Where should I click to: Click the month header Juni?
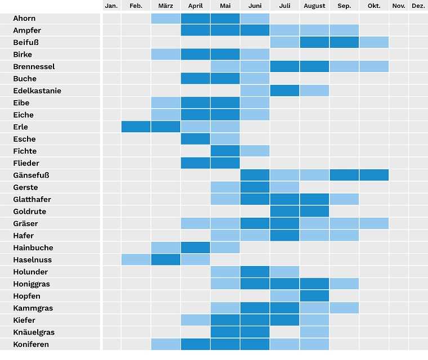[x=255, y=6]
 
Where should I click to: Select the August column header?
[x=314, y=6]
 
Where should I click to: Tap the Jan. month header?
[x=112, y=6]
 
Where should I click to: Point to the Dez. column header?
[x=418, y=6]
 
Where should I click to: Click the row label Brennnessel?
[x=34, y=66]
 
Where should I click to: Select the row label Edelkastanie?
[x=37, y=91]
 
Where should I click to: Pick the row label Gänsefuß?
[x=31, y=175]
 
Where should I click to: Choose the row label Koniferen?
[x=31, y=344]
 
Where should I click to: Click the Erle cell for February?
[x=136, y=127]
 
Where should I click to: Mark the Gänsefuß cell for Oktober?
[x=374, y=175]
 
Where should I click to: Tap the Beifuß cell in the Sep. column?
[x=344, y=42]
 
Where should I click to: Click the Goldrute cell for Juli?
[x=284, y=211]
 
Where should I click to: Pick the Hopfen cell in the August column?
[x=314, y=296]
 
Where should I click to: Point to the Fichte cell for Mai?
[x=225, y=151]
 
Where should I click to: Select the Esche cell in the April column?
[x=195, y=139]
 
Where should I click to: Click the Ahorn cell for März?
[x=166, y=19]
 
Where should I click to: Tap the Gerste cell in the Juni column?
[x=255, y=187]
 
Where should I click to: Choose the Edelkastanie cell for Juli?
[x=284, y=91]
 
